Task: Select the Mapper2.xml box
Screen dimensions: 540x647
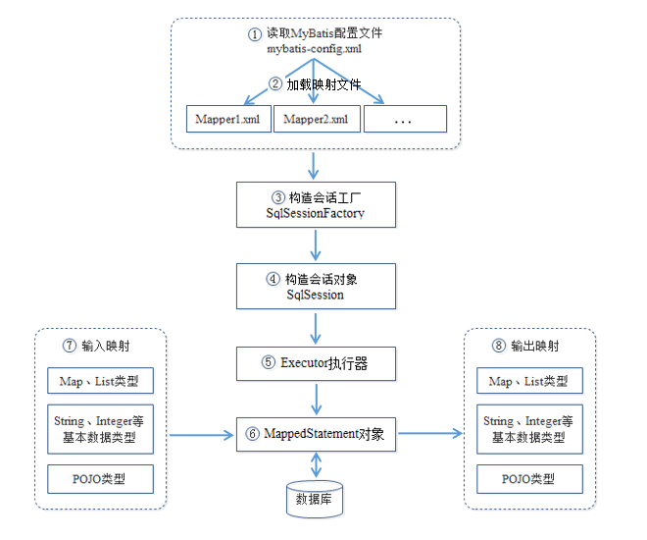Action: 317,119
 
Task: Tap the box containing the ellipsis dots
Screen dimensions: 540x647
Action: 405,119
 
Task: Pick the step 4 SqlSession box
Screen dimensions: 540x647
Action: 316,286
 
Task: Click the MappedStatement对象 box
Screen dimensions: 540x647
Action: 316,433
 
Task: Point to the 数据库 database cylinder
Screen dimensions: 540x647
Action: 316,499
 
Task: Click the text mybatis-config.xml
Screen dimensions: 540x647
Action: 316,48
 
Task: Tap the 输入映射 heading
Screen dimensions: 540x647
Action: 101,346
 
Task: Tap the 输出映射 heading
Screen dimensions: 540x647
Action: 529,346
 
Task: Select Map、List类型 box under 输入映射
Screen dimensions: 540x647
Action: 101,381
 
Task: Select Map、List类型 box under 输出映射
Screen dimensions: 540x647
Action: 528,381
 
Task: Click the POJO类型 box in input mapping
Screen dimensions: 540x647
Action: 101,479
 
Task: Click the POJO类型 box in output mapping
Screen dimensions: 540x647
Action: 528,479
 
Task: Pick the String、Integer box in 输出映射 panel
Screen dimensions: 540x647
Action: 528,429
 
